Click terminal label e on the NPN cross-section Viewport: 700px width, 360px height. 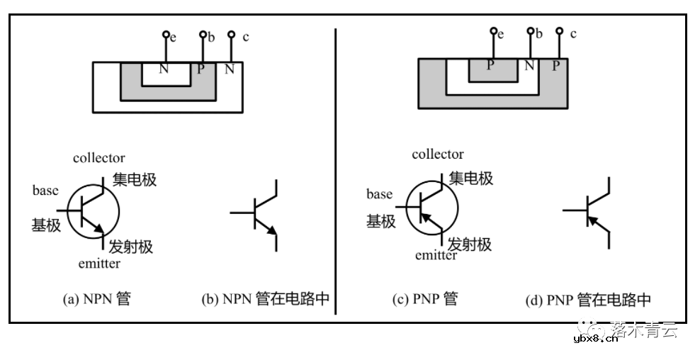[x=173, y=38]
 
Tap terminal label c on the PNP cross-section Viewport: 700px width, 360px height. [x=573, y=33]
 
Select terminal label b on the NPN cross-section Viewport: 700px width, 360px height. [x=211, y=37]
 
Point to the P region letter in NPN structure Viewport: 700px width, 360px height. [x=201, y=69]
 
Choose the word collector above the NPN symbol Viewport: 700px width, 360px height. [x=98, y=158]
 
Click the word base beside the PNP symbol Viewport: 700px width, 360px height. [x=379, y=194]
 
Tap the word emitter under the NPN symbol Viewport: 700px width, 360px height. [x=99, y=264]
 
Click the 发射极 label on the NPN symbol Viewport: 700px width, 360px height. [x=131, y=247]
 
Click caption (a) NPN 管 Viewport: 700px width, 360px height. [x=97, y=299]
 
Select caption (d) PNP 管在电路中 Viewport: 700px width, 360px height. [x=588, y=300]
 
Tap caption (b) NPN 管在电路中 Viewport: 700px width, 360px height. [x=266, y=299]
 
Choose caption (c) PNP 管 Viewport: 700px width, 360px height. [x=425, y=299]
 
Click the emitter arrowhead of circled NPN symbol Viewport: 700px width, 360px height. [x=101, y=229]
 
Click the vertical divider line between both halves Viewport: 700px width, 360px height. [x=335, y=170]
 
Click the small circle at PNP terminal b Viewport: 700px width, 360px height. [x=530, y=31]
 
